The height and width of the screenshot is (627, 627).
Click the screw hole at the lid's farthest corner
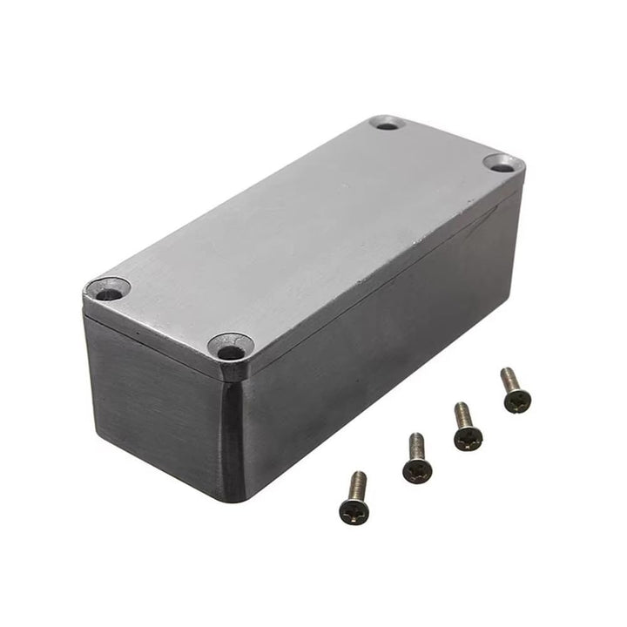388,125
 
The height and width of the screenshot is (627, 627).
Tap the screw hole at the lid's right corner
499,163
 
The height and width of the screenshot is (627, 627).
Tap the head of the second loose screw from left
416,470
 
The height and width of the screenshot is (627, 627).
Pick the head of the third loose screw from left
468,438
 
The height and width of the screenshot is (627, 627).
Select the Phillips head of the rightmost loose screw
516,401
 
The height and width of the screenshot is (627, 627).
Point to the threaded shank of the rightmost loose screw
509,379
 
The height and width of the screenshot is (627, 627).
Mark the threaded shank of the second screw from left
417,445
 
